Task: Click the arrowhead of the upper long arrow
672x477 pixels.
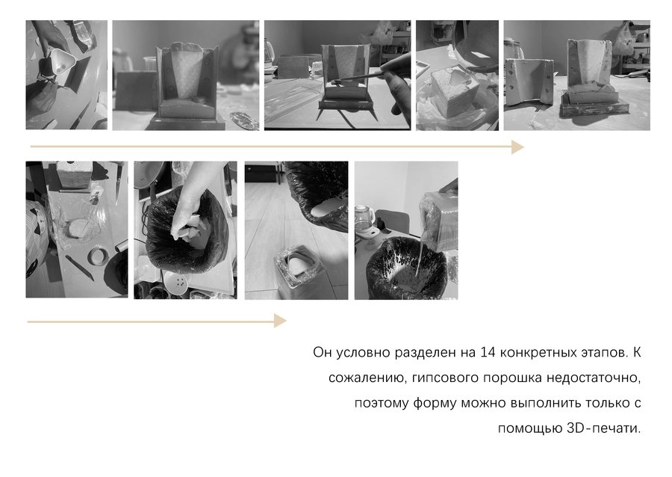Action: [518, 147]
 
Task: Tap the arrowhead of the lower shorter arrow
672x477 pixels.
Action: [280, 321]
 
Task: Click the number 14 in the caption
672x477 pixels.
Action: [488, 353]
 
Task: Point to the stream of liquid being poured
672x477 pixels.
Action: [420, 254]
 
